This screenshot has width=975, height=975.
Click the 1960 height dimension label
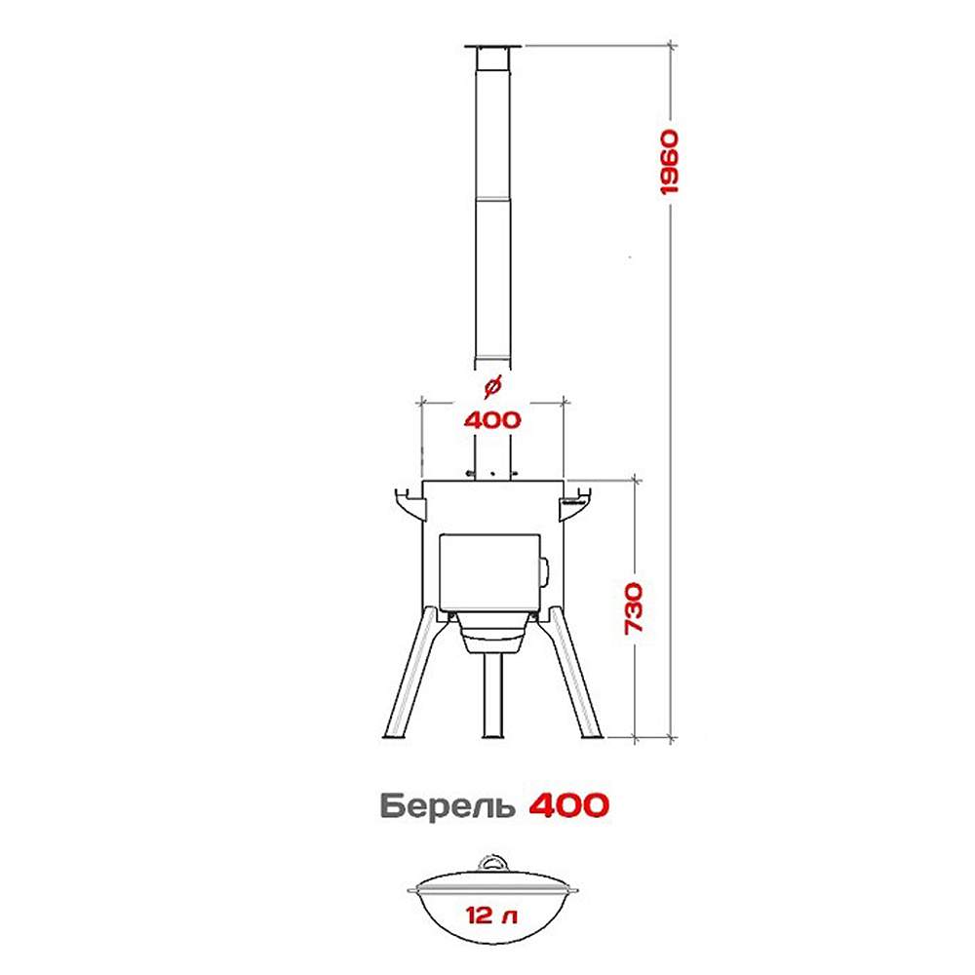pyautogui.click(x=670, y=162)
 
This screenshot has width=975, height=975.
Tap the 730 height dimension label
pyautogui.click(x=634, y=608)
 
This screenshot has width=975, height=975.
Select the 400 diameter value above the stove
pyautogui.click(x=492, y=420)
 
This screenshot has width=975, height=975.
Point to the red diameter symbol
pyautogui.click(x=492, y=387)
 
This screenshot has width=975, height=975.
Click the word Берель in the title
pyautogui.click(x=448, y=806)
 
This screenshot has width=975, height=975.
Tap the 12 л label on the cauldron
pyautogui.click(x=491, y=916)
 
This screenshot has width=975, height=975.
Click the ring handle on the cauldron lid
pyautogui.click(x=492, y=864)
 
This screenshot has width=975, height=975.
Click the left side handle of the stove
pyautogui.click(x=411, y=504)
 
